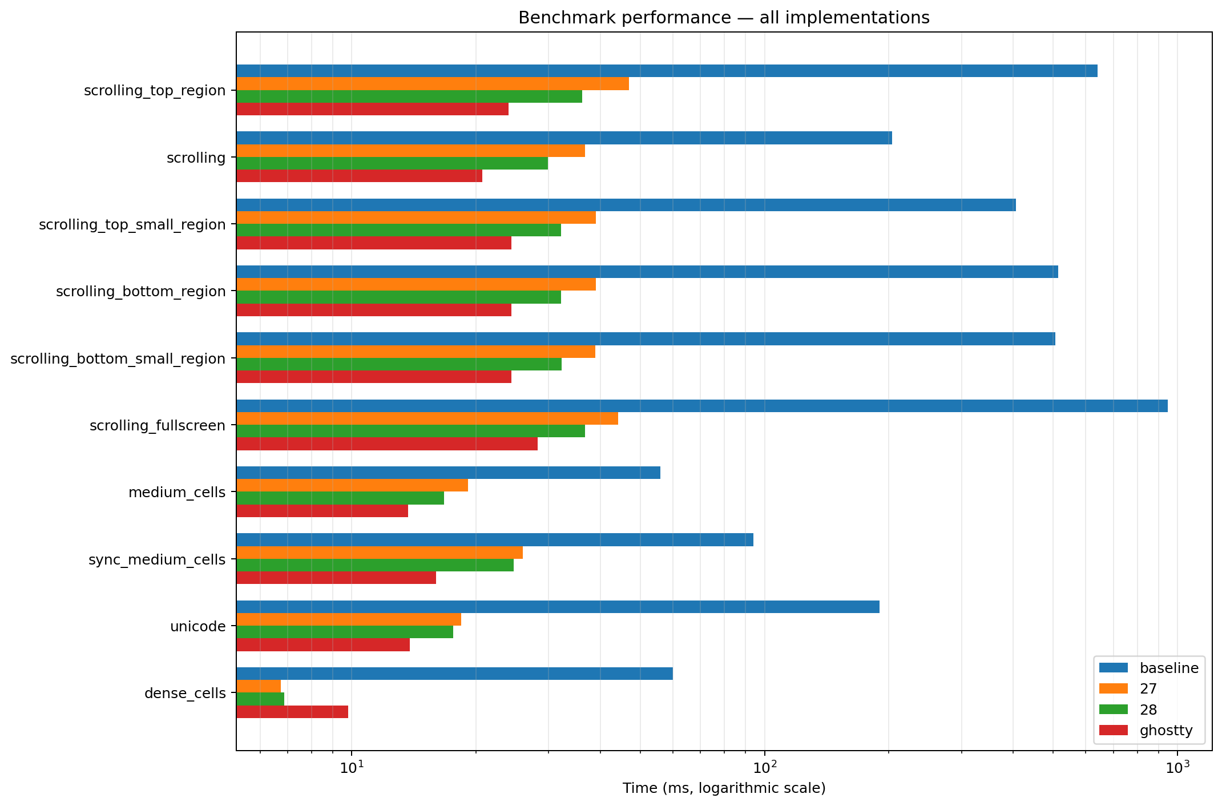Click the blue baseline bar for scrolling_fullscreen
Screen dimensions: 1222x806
pyautogui.click(x=702, y=406)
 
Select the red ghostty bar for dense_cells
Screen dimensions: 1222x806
pyautogui.click(x=292, y=712)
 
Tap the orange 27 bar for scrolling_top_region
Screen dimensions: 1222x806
pyautogui.click(x=433, y=84)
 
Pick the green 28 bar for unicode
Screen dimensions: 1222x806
pyautogui.click(x=345, y=632)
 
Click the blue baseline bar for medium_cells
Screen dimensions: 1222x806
pyautogui.click(x=449, y=473)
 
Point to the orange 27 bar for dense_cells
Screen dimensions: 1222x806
pyautogui.click(x=259, y=686)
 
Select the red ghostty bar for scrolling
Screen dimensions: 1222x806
pyautogui.click(x=360, y=176)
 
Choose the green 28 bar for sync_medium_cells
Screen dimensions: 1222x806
pyautogui.click(x=375, y=565)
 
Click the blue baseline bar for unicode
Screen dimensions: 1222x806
pyautogui.click(x=558, y=607)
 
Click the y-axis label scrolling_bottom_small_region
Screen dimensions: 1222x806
pyautogui.click(x=118, y=359)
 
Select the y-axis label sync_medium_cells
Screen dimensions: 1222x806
pyautogui.click(x=157, y=560)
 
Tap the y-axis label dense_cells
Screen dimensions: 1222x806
pyautogui.click(x=185, y=694)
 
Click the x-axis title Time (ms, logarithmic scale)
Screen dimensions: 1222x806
pyautogui.click(x=724, y=789)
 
